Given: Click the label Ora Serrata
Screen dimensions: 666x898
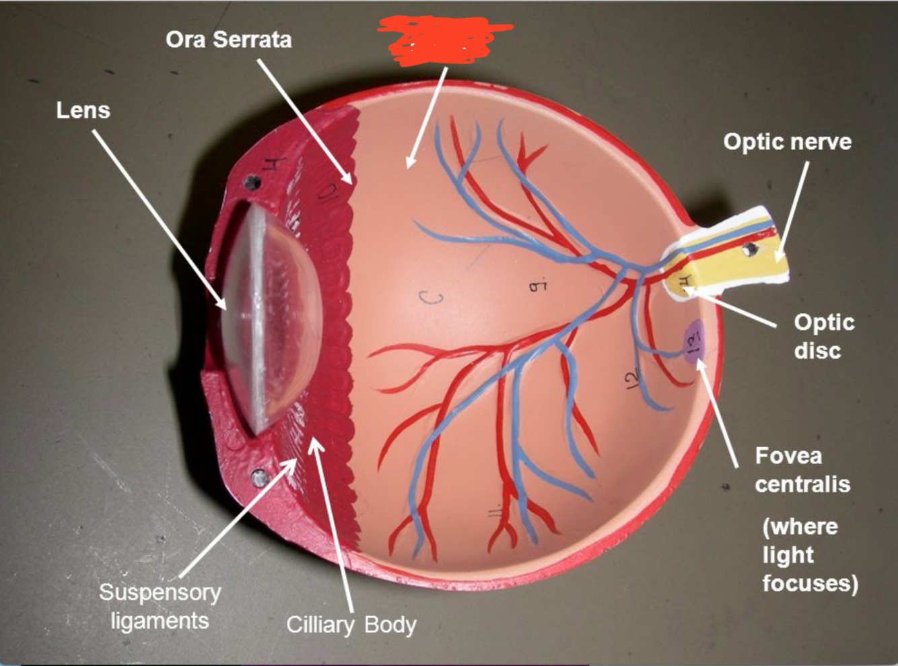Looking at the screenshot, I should pyautogui.click(x=228, y=39).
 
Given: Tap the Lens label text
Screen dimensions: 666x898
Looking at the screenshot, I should pyautogui.click(x=83, y=110).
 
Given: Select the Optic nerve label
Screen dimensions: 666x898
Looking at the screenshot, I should pyautogui.click(x=787, y=141).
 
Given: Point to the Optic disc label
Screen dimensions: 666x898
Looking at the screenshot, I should pyautogui.click(x=823, y=336).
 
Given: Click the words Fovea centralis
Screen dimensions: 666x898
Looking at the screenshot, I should pyautogui.click(x=802, y=470).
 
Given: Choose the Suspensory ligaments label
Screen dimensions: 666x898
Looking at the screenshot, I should pyautogui.click(x=160, y=606).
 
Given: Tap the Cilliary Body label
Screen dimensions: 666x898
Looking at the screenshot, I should pyautogui.click(x=351, y=625).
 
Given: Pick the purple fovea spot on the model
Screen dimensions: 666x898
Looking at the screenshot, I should pyautogui.click(x=693, y=342).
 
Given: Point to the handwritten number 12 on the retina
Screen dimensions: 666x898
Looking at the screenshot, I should pyautogui.click(x=631, y=381).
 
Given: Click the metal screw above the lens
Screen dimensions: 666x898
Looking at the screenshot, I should pyautogui.click(x=253, y=182).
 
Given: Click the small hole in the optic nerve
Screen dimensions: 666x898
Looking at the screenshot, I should pyautogui.click(x=749, y=251).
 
